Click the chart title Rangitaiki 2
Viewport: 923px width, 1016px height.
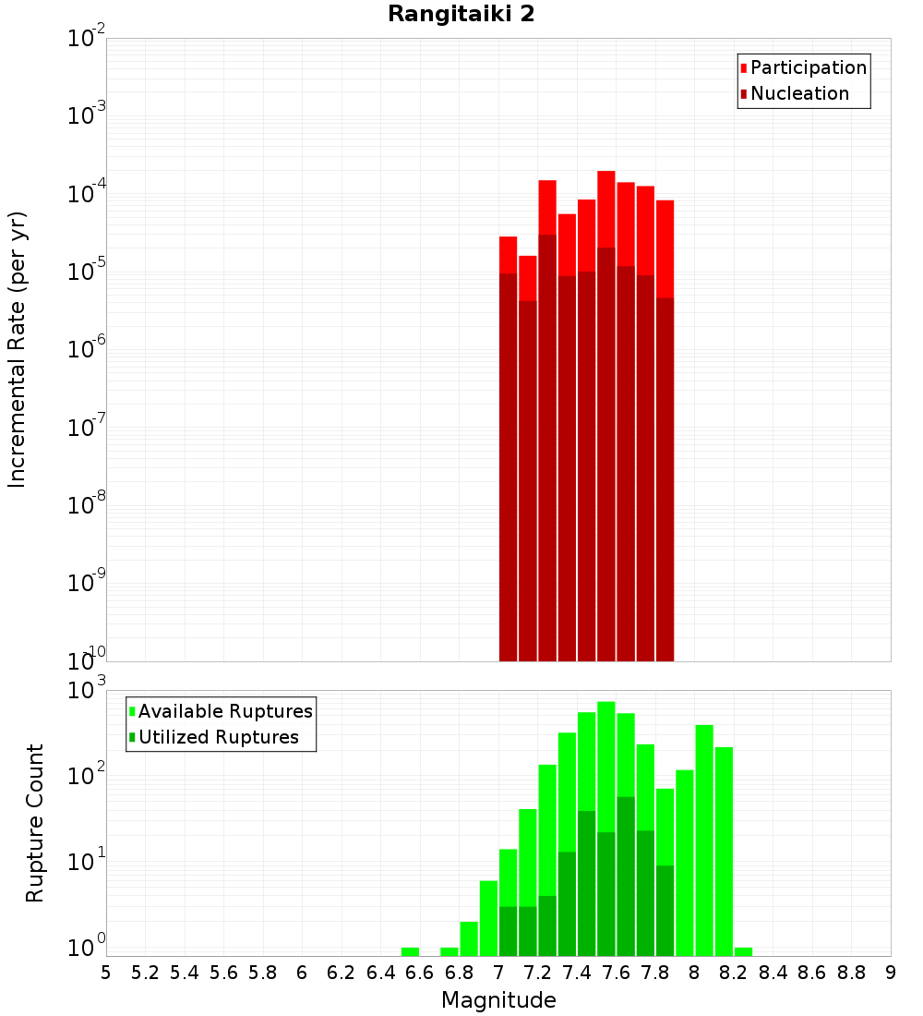pyautogui.click(x=461, y=14)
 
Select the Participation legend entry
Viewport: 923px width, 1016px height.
pyautogui.click(x=808, y=68)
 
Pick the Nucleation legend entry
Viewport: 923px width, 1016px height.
pyautogui.click(x=798, y=94)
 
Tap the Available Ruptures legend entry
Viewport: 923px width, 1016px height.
pyautogui.click(x=224, y=712)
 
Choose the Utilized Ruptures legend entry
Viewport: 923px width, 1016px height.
pyautogui.click(x=218, y=738)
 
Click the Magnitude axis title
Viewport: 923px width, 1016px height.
pyautogui.click(x=498, y=1000)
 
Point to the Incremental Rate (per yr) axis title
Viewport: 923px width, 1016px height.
pyautogui.click(x=18, y=349)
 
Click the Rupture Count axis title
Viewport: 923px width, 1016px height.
pyautogui.click(x=35, y=823)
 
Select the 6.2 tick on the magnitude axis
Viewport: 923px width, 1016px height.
pyautogui.click(x=342, y=973)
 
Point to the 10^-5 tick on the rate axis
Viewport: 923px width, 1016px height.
pyautogui.click(x=88, y=272)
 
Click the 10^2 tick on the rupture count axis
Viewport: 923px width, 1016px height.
pyautogui.click(x=88, y=775)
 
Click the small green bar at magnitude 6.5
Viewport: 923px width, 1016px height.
pyautogui.click(x=410, y=951)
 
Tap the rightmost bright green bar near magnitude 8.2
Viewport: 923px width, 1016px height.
pyautogui.click(x=743, y=951)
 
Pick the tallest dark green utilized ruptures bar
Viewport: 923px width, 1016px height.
pyautogui.click(x=625, y=868)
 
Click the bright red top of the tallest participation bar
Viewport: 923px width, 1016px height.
pyautogui.click(x=605, y=208)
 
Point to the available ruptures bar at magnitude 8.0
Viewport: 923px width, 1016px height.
pyautogui.click(x=704, y=831)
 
